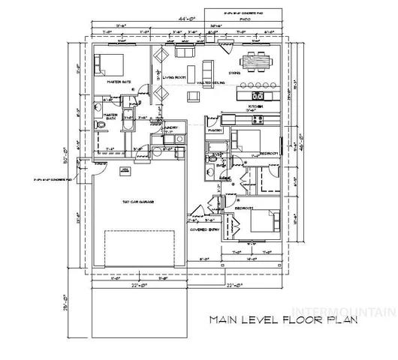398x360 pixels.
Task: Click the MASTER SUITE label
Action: pyautogui.click(x=119, y=82)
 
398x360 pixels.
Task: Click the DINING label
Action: pyautogui.click(x=256, y=73)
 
